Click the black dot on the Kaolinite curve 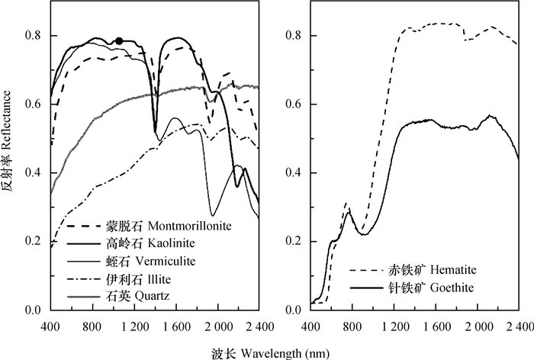[x=118, y=41]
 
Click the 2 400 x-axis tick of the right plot [x=519, y=326]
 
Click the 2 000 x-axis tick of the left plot [x=218, y=326]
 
